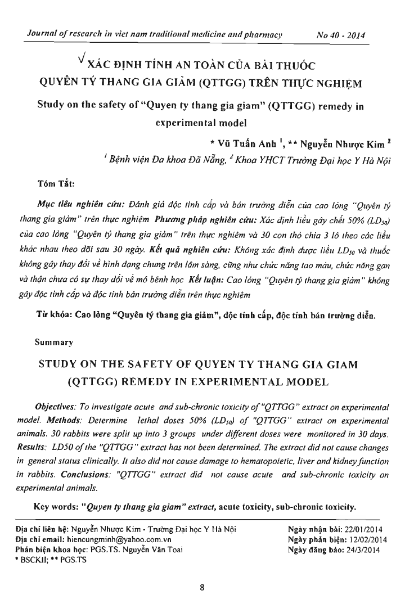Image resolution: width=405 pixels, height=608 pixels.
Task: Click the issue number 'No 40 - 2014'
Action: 341,35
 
